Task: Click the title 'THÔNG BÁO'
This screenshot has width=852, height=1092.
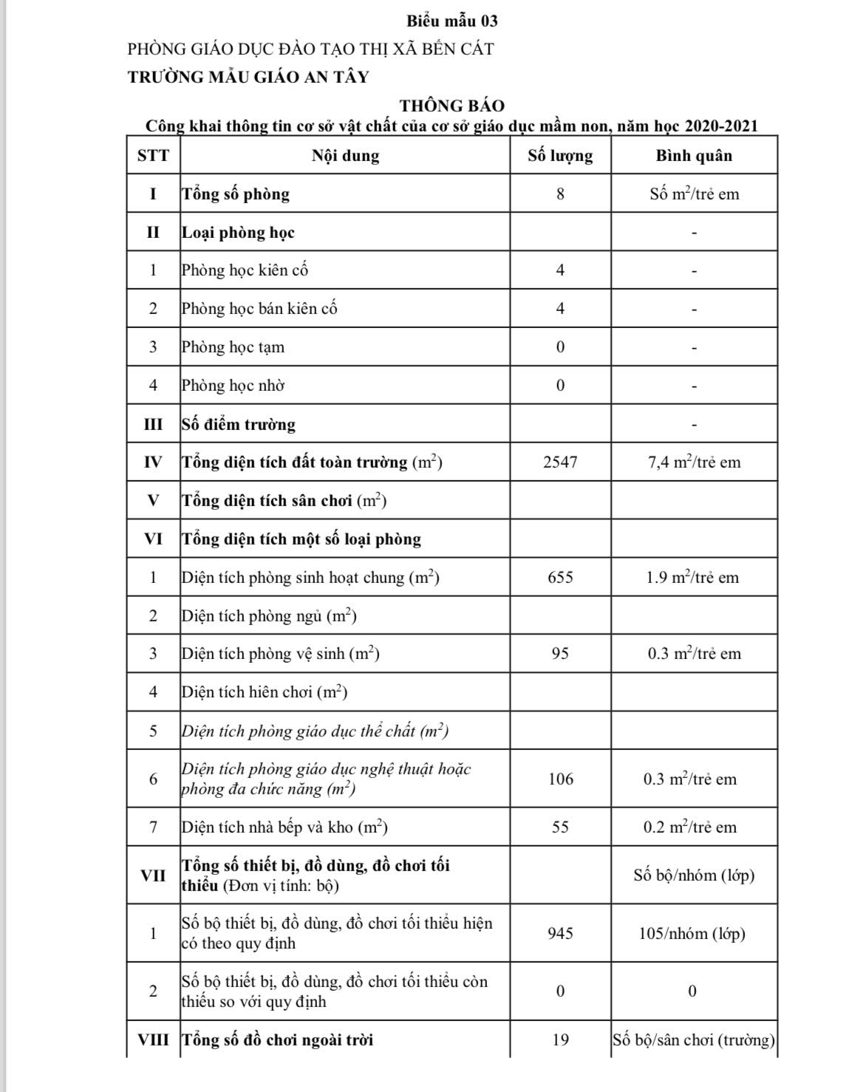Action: tap(452, 106)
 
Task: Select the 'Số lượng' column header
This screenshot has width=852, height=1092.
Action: tap(560, 156)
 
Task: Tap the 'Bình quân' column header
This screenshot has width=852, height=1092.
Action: tap(694, 156)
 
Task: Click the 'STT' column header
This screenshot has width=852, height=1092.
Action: tap(153, 156)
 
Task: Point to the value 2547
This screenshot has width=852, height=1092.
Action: tap(560, 463)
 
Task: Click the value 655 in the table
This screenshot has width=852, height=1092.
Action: tap(560, 578)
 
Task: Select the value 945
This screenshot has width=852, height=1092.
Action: tap(560, 934)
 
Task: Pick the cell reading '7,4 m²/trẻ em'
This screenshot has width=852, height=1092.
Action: tap(694, 463)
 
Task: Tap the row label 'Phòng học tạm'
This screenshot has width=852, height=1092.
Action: tap(233, 347)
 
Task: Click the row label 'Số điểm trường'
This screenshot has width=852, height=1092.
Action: tap(239, 425)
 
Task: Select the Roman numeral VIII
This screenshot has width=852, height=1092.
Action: tap(153, 1040)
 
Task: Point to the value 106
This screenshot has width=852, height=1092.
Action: tap(560, 779)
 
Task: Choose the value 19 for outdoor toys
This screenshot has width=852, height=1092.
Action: tap(560, 1040)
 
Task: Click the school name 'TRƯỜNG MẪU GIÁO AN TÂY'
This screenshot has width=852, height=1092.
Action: tap(248, 77)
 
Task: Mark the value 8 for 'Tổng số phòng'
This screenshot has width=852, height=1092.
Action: tap(560, 194)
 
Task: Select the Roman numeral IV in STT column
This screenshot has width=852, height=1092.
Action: tap(153, 463)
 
